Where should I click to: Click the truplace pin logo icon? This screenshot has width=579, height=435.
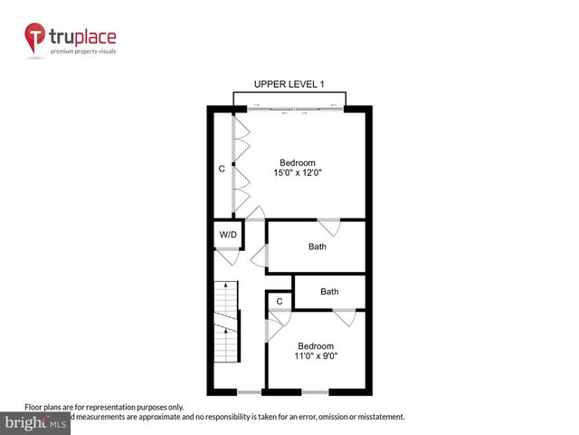(36, 38)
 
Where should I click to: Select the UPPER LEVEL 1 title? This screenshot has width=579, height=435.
(289, 84)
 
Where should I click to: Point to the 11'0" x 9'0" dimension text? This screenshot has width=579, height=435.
(316, 356)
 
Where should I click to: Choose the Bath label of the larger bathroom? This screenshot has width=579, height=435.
(317, 246)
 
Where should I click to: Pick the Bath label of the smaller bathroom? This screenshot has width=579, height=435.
(329, 292)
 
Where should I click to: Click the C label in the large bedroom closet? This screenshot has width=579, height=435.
(222, 169)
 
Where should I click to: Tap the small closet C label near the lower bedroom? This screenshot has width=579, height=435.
(280, 301)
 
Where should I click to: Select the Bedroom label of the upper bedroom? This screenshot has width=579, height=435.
(297, 162)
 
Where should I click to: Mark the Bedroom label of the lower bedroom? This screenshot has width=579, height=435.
(316, 346)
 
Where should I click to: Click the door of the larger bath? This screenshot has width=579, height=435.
(327, 227)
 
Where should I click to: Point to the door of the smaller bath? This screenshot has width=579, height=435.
(344, 317)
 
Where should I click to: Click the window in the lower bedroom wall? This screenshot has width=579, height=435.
(315, 391)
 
